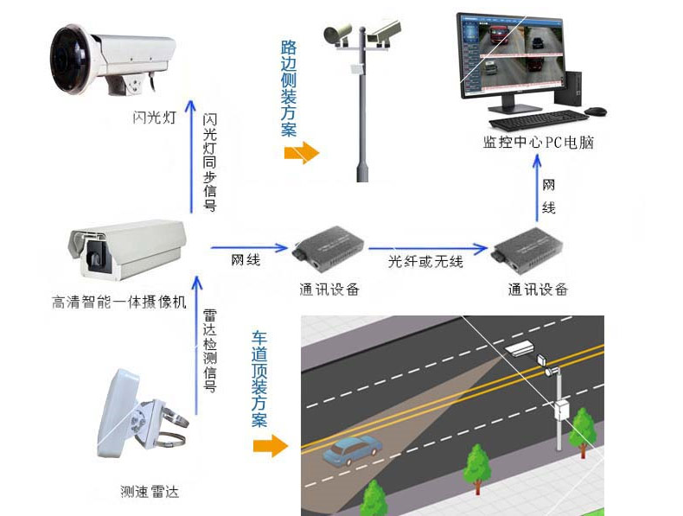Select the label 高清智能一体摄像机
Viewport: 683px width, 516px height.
click(118, 303)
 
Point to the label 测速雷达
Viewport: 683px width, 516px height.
click(149, 492)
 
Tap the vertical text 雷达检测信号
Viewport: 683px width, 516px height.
click(208, 350)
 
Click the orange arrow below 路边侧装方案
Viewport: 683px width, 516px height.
click(300, 154)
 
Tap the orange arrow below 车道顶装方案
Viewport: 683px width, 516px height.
click(270, 446)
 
